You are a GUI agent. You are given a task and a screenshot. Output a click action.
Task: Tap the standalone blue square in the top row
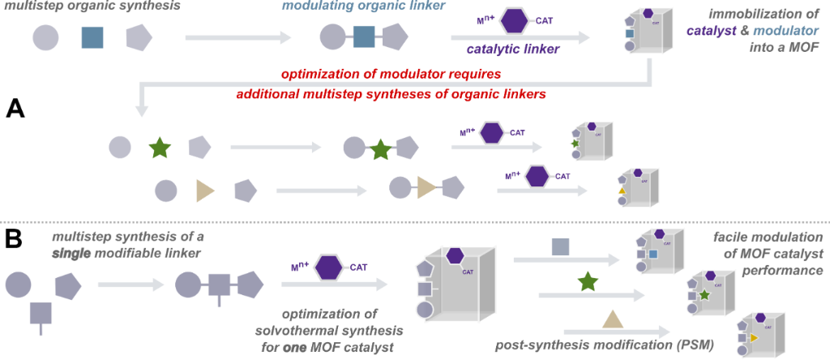coord(92,36)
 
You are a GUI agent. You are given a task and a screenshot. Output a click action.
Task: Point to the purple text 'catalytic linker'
coord(512,51)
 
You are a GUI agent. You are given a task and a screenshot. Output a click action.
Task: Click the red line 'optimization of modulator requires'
coord(386,74)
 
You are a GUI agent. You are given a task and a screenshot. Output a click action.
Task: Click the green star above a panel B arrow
coord(588,282)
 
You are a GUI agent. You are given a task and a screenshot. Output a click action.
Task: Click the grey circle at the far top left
coord(45,37)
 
